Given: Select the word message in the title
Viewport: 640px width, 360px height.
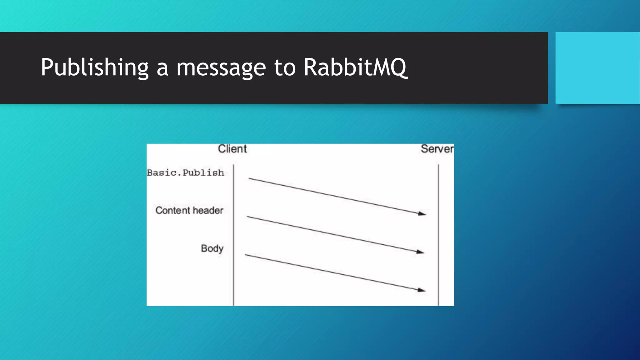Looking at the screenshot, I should click(221, 68).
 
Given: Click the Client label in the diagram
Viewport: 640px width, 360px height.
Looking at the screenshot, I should click(232, 149).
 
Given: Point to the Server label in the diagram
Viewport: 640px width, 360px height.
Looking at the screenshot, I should click(437, 149).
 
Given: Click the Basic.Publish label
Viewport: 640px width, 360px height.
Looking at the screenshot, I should click(186, 172).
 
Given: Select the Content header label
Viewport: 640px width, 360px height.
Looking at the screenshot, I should click(189, 210).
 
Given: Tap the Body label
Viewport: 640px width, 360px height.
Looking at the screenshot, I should click(212, 248).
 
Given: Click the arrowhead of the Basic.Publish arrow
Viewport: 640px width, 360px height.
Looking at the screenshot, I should click(423, 214).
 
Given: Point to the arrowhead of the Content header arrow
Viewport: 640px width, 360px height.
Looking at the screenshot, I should click(421, 252).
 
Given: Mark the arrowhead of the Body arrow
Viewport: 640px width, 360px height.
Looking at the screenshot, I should click(422, 290).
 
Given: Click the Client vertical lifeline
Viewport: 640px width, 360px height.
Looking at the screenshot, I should click(233, 234).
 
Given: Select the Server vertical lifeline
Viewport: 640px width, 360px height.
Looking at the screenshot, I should click(438, 234).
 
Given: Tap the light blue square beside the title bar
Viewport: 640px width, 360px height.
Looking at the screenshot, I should click(597, 67).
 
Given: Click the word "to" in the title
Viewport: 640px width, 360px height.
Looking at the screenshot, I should click(285, 68).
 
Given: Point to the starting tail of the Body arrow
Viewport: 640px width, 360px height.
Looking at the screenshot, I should click(246, 255).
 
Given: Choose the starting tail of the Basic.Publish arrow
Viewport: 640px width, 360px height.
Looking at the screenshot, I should click(249, 178).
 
